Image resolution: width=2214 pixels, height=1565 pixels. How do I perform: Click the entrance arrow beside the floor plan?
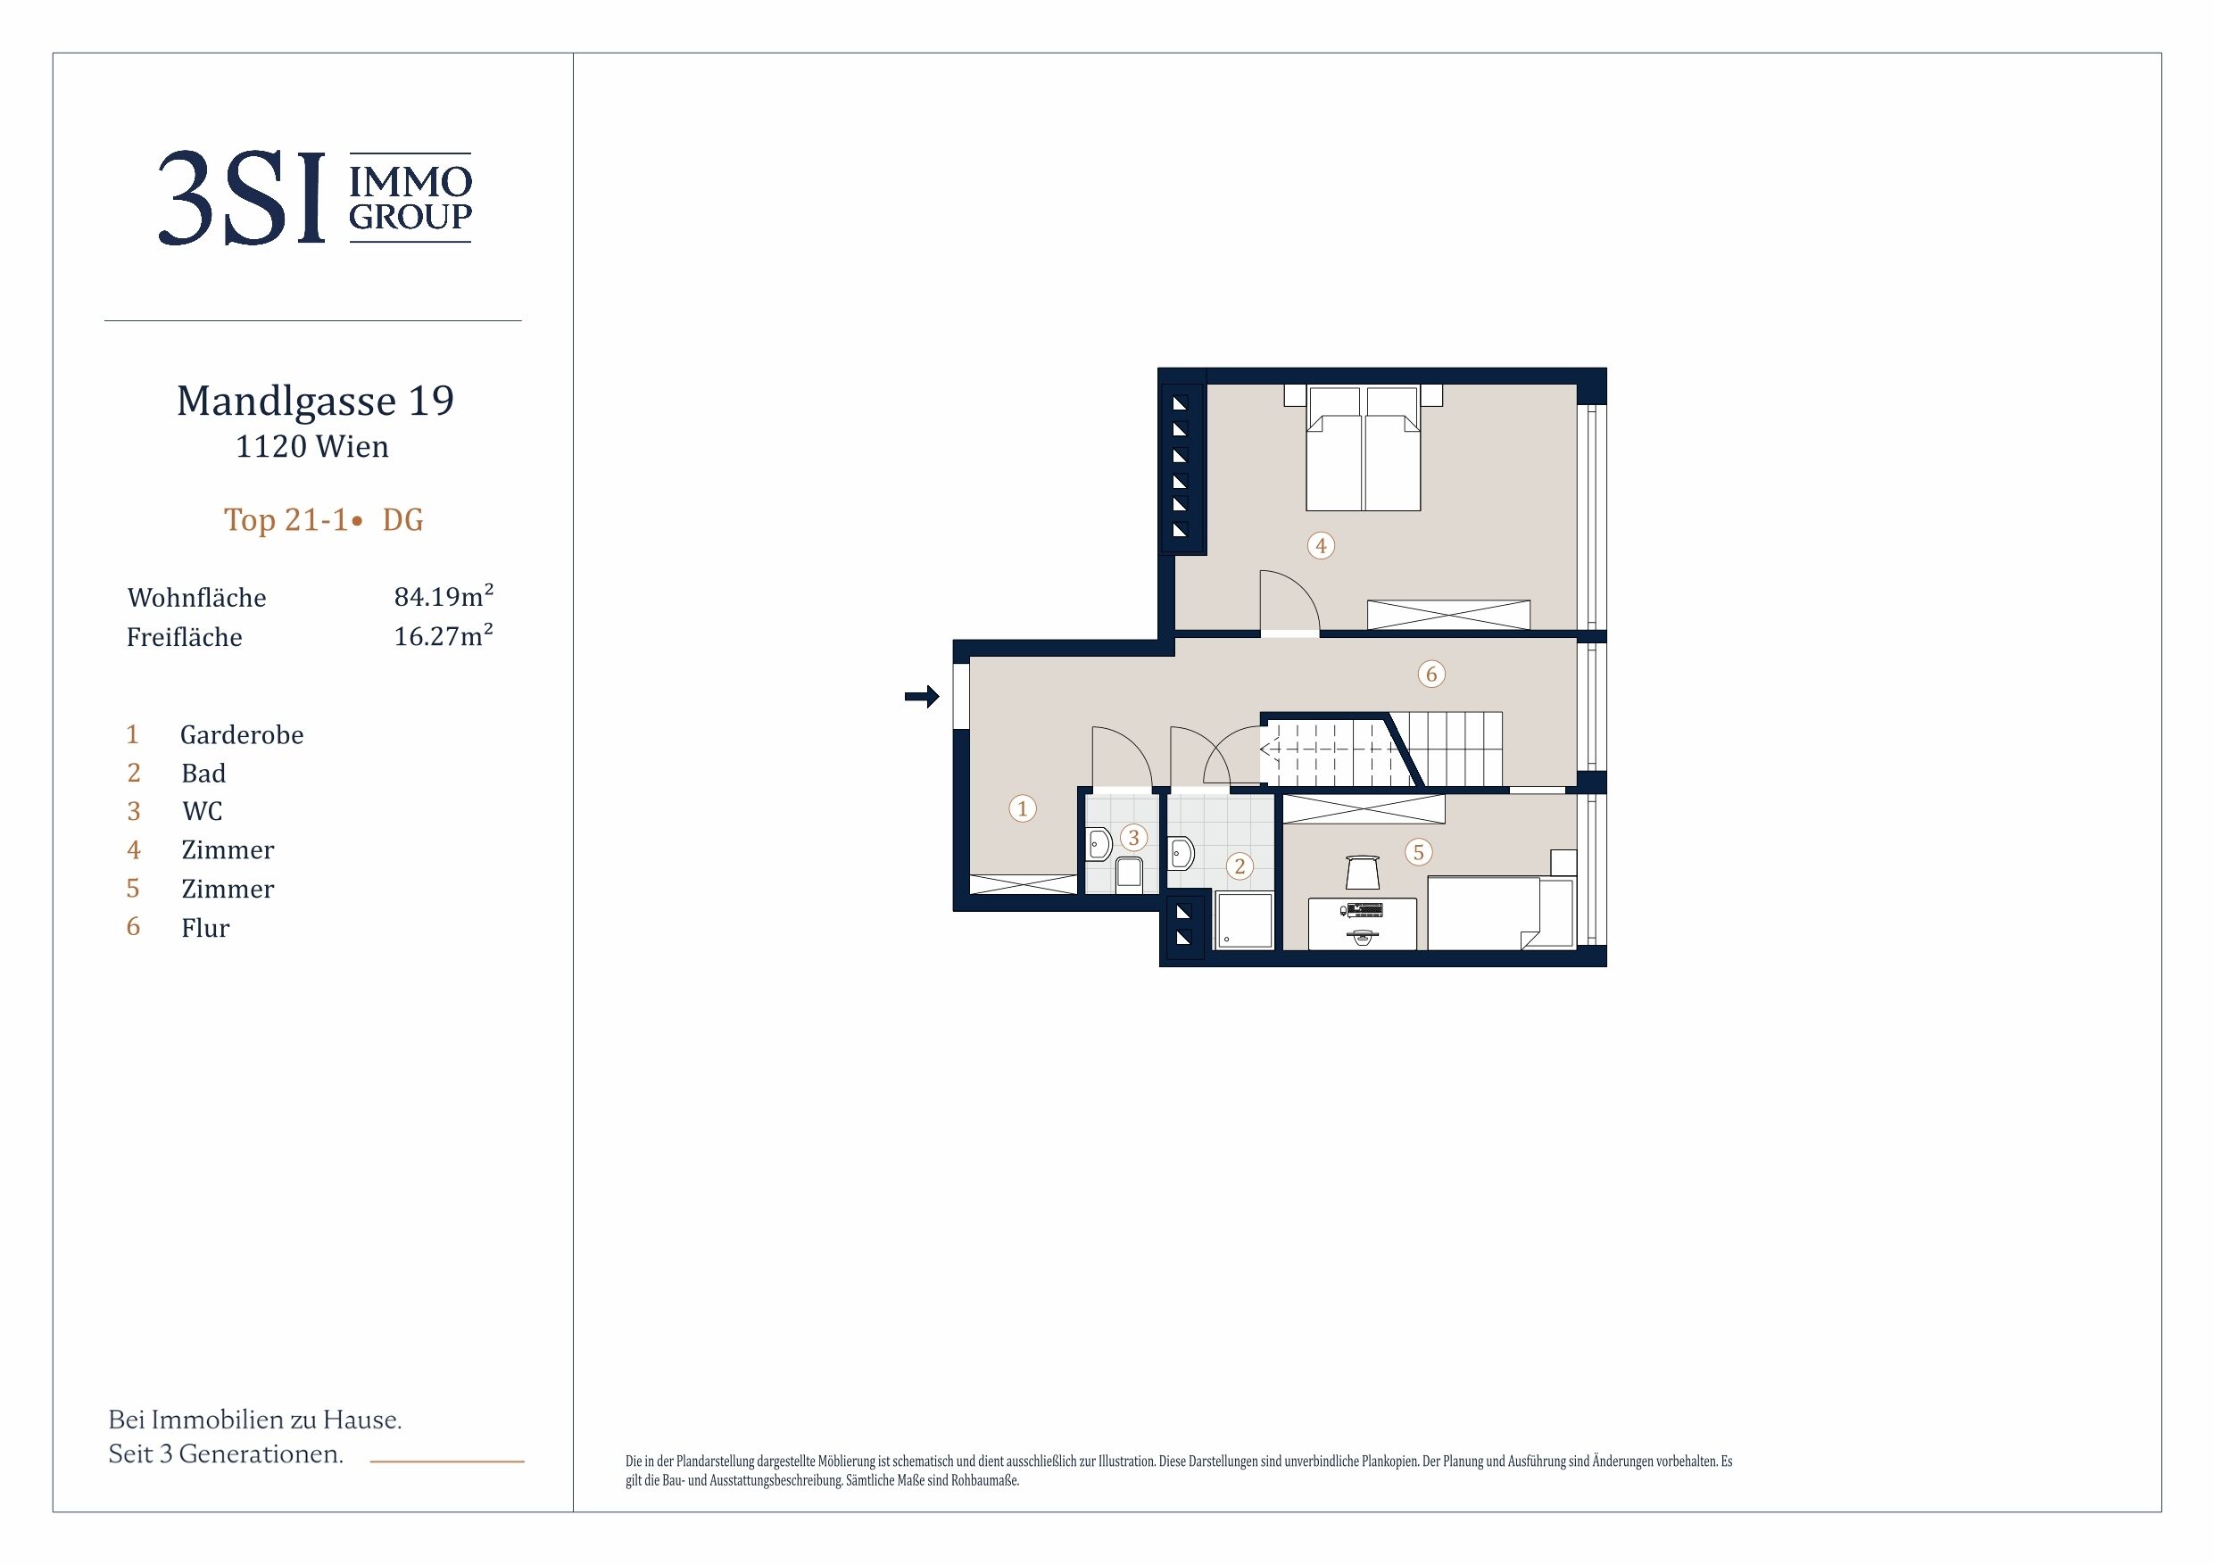click(922, 696)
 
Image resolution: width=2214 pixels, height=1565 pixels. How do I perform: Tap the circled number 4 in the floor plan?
click(1321, 546)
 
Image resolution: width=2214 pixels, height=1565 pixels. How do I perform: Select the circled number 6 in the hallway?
click(1431, 674)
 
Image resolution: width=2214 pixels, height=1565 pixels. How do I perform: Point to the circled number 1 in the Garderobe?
click(1022, 808)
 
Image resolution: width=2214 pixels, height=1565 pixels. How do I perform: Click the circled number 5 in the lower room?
click(1417, 852)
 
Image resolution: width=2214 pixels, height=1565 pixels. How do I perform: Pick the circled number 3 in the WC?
click(1134, 838)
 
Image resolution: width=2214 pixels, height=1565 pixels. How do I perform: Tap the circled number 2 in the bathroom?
click(1240, 865)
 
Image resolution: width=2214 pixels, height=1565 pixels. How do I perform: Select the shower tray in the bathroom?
click(1244, 920)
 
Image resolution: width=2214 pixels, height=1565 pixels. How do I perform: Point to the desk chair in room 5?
click(1362, 872)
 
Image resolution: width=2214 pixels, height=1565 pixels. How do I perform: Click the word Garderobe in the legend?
click(242, 735)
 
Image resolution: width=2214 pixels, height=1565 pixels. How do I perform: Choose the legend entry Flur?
click(205, 928)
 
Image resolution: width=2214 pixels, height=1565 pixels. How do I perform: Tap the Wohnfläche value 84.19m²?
click(444, 596)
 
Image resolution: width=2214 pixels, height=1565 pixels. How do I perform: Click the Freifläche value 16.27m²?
click(444, 635)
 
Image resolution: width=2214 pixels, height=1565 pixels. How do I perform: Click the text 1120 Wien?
click(312, 446)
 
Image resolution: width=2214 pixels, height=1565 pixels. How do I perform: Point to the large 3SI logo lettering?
click(241, 199)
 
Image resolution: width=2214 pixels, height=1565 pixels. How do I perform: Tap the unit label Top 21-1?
click(286, 520)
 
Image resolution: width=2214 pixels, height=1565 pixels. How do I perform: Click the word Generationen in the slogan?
click(261, 1454)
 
